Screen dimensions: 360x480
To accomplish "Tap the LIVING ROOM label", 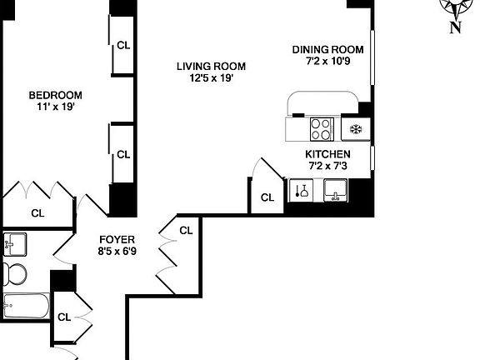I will (x=211, y=67).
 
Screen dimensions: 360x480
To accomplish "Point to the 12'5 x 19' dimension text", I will (x=211, y=79).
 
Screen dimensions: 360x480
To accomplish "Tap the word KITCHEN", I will (x=327, y=154).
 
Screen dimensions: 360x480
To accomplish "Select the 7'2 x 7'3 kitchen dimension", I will (x=327, y=167).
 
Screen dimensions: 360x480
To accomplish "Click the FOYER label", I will (x=117, y=239).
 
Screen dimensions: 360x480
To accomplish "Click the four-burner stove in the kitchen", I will (x=322, y=129).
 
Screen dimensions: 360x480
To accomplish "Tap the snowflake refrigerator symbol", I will (x=355, y=129).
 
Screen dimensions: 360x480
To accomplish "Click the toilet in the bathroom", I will (x=14, y=272).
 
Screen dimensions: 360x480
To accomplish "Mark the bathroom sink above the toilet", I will (x=14, y=244).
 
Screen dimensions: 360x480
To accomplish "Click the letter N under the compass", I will (x=455, y=27).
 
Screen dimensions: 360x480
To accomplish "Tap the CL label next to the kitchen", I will (x=267, y=197).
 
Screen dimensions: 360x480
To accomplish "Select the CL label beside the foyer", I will (x=186, y=230).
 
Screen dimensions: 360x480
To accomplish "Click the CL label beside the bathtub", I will (x=64, y=317).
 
